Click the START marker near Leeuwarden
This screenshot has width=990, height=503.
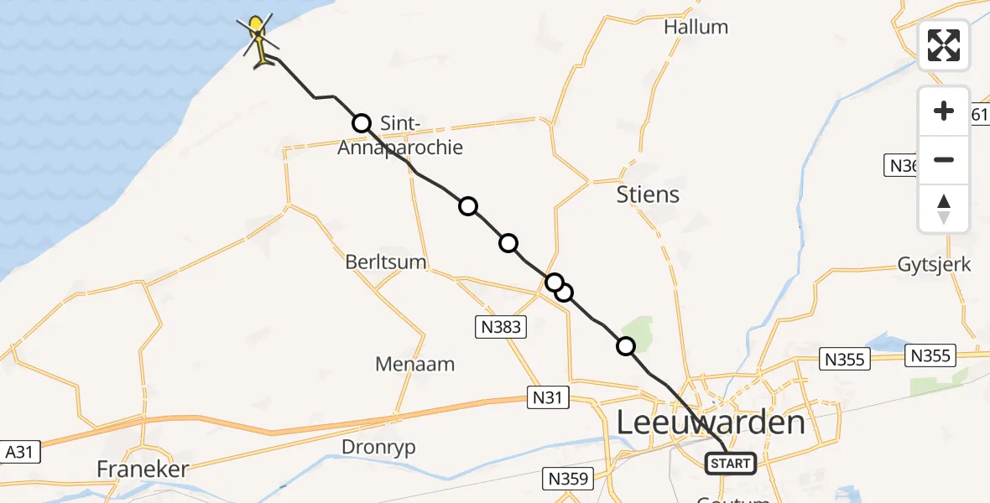click(x=731, y=463)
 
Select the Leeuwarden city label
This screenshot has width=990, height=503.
click(x=711, y=422)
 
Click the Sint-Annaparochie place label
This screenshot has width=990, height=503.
click(x=400, y=136)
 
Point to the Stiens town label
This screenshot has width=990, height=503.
click(x=648, y=194)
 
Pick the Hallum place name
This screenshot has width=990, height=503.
click(x=696, y=27)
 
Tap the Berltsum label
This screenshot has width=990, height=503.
click(x=386, y=262)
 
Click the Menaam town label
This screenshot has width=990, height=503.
click(x=415, y=364)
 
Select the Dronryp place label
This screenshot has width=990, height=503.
click(x=378, y=447)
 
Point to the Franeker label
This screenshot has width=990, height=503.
click(x=143, y=469)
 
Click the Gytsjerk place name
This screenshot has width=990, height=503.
click(x=934, y=265)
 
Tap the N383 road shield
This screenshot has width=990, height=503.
click(x=502, y=328)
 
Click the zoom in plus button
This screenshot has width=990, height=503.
click(x=944, y=111)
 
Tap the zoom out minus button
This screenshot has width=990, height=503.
click(x=944, y=159)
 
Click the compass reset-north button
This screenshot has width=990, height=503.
click(x=944, y=209)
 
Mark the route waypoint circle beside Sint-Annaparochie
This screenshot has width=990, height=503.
click(x=362, y=123)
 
